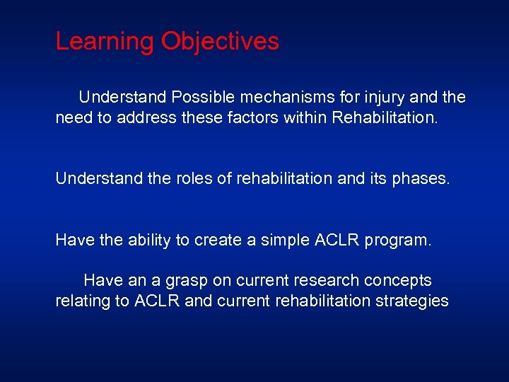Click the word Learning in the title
pos(105,41)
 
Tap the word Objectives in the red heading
pos(220,41)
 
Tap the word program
pos(397,241)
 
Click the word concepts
pos(397,281)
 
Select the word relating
pos(83,301)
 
